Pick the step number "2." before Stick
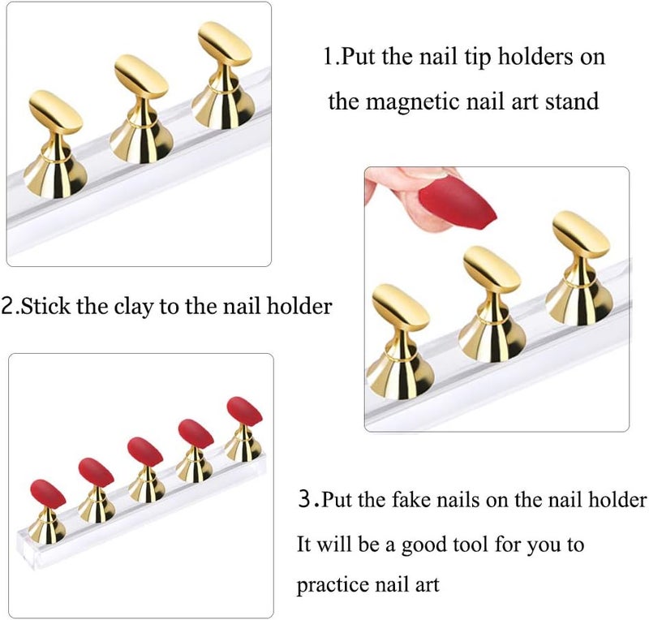pyautogui.click(x=11, y=307)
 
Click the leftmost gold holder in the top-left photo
pyautogui.click(x=54, y=142)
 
